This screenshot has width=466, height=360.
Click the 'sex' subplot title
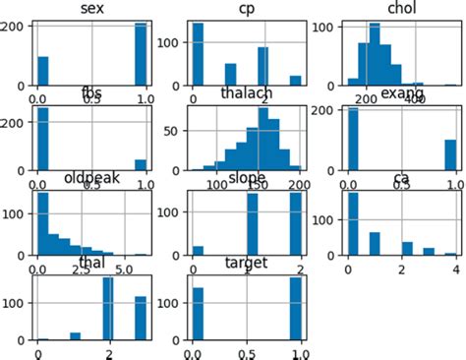[x=85, y=10]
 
